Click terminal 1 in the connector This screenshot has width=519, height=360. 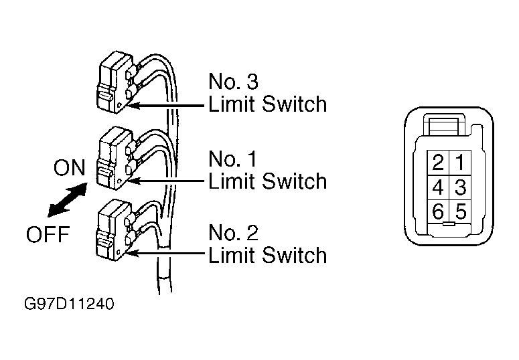461,163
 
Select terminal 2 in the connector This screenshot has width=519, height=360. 438,163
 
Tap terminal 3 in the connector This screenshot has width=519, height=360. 461,187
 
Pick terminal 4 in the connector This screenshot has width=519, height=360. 438,187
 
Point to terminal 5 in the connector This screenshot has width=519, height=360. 461,211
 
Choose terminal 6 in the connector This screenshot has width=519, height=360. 438,211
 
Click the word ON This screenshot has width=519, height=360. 70,167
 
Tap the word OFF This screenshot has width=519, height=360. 48,234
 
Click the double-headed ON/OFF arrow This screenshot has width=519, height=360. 67,200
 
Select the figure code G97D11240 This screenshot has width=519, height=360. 69,304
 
